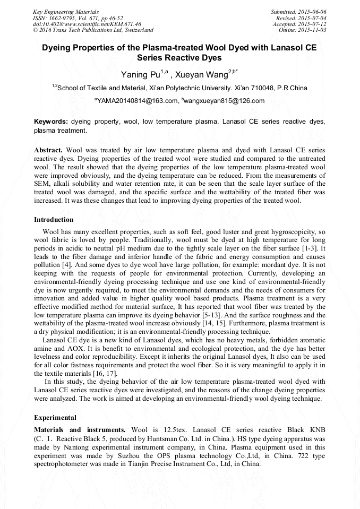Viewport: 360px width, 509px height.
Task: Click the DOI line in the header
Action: click(x=87, y=24)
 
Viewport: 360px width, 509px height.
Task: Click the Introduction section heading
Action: click(x=54, y=219)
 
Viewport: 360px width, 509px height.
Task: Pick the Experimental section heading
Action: click(x=55, y=417)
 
